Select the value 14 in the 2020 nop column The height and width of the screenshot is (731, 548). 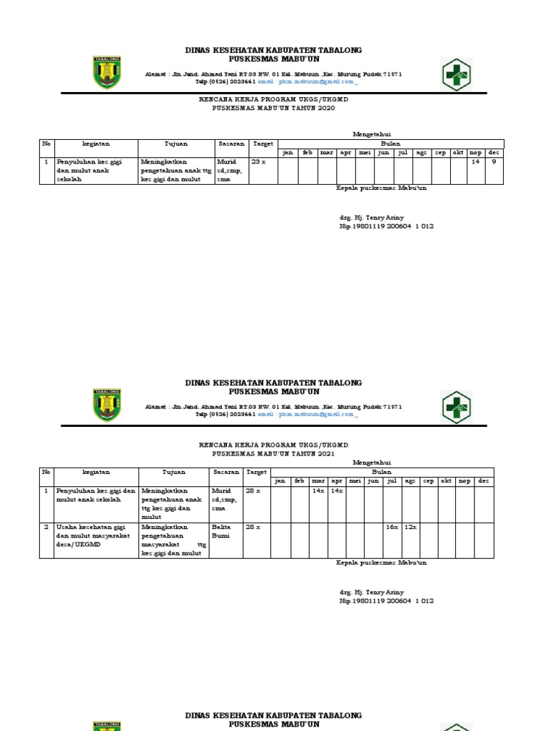[475, 162]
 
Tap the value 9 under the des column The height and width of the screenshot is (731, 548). [494, 162]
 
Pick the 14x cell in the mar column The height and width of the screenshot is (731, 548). [318, 490]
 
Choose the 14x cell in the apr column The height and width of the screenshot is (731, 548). [337, 490]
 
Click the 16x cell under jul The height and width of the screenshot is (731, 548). [392, 527]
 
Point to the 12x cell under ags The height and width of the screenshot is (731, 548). [410, 527]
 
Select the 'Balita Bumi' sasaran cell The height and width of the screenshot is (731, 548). [221, 530]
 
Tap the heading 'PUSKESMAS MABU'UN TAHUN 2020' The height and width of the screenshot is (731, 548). [273, 109]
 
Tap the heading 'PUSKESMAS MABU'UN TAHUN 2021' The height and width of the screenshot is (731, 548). [273, 453]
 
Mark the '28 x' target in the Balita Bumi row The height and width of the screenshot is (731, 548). [253, 527]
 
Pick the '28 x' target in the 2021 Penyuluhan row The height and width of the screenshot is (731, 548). [253, 490]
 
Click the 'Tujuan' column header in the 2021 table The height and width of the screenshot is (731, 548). [173, 472]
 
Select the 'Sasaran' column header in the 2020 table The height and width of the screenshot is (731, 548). [231, 143]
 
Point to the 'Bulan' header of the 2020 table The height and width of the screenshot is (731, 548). [390, 143]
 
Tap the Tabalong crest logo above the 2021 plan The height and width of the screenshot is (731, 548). [107, 405]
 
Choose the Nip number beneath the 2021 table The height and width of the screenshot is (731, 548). [386, 601]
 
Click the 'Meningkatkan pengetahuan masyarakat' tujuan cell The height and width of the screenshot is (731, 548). [173, 540]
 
